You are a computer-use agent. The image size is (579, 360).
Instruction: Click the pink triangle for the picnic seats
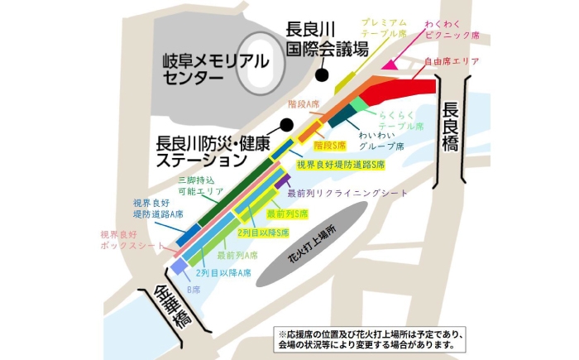click(387, 63)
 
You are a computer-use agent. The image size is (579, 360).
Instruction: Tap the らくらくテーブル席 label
click(400, 120)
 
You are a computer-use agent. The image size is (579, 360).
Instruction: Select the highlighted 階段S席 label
click(329, 144)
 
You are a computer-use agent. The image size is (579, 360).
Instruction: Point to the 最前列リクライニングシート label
click(347, 192)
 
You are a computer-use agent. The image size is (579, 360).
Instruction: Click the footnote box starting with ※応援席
click(369, 338)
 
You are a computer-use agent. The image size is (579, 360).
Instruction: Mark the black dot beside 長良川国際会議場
click(320, 74)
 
